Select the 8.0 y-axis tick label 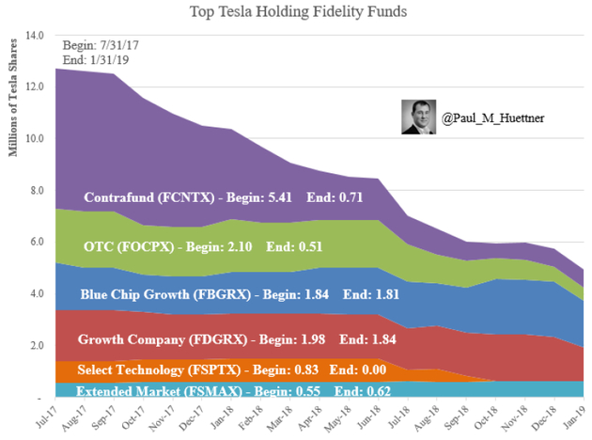(37, 190)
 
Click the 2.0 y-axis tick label (37, 345)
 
